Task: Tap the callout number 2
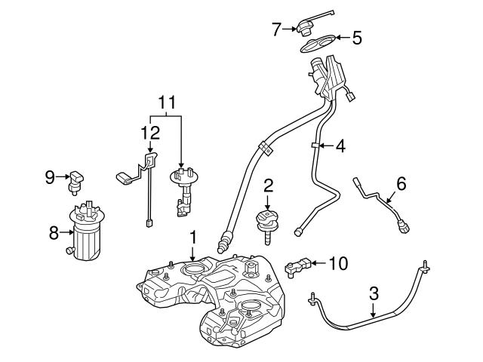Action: (267, 185)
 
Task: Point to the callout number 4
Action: (340, 146)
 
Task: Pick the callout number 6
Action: (401, 183)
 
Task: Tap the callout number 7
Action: (276, 30)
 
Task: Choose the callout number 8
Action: (54, 233)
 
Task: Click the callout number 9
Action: (51, 177)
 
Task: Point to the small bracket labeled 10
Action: (298, 265)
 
